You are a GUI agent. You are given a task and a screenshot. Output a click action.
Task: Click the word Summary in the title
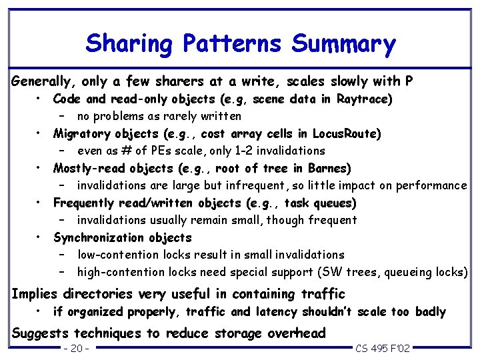tap(344, 44)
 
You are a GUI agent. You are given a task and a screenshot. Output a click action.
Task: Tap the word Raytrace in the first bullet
tap(359, 99)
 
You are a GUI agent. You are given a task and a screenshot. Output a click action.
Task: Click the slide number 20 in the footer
tap(77, 349)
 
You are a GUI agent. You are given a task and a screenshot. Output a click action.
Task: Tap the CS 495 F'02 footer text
tap(383, 349)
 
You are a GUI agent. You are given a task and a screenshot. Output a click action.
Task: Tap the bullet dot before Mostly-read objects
tap(40, 166)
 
